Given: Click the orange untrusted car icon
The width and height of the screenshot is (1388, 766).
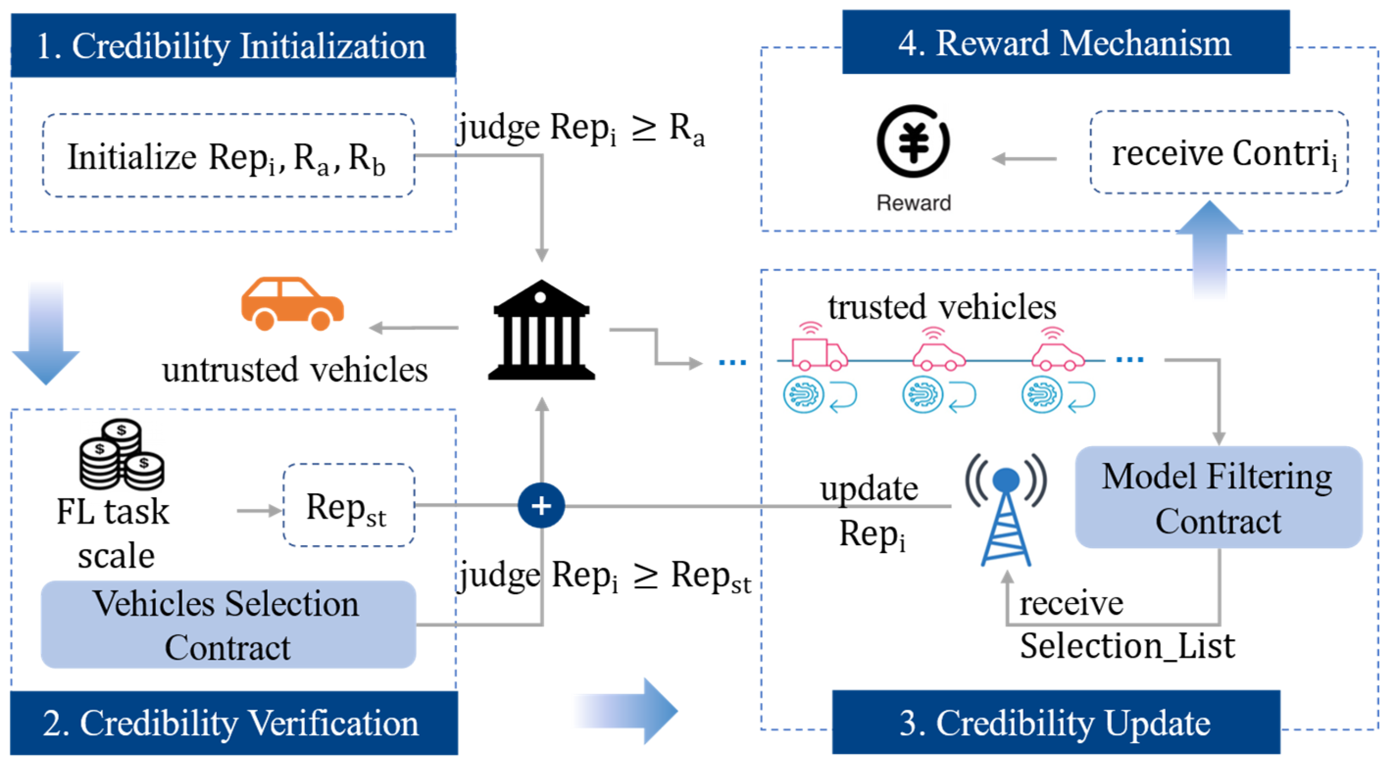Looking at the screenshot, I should tap(292, 304).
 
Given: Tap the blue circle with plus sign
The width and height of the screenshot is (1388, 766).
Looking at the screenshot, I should tap(541, 505).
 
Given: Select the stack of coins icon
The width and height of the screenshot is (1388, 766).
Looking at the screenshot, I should tap(122, 455).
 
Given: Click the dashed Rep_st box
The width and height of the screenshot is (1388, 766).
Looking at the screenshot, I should tap(348, 505).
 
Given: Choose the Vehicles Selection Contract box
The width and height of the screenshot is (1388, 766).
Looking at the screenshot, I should tap(228, 625).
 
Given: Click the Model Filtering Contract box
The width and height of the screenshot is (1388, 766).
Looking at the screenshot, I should tap(1218, 497).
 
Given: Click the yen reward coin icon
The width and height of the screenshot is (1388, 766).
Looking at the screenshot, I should tap(914, 141).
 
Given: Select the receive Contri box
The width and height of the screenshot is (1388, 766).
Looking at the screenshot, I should tap(1219, 153).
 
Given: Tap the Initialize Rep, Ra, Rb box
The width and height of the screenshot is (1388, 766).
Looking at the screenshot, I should tap(229, 156).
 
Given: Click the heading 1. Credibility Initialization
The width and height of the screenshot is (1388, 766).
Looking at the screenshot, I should tap(233, 45).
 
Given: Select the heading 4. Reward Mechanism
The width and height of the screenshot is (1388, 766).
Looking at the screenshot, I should tap(1065, 42).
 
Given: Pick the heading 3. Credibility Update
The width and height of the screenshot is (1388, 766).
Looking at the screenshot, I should tap(1056, 722).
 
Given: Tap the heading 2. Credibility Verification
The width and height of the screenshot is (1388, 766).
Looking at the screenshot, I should tap(233, 723).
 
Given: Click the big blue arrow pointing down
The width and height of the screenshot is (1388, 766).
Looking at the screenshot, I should tap(46, 334).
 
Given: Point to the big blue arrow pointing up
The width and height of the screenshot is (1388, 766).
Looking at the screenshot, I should tap(1209, 248).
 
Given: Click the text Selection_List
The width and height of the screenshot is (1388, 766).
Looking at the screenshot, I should tap(1127, 646).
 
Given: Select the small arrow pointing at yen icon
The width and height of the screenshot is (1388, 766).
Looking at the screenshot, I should tap(1024, 159).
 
